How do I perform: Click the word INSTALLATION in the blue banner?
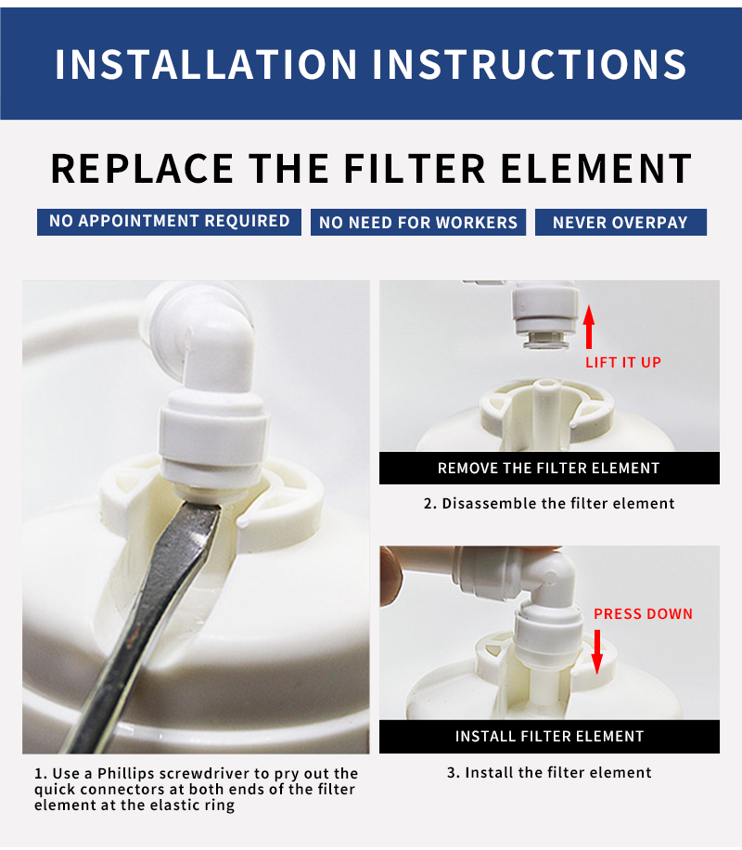[x=206, y=65]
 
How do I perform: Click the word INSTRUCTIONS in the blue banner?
[x=530, y=65]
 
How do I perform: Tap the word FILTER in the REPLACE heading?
[x=414, y=168]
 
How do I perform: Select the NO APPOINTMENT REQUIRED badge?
[x=169, y=222]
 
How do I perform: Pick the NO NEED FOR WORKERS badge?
[x=418, y=223]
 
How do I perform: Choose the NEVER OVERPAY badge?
[x=620, y=223]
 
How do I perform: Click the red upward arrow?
[x=589, y=327]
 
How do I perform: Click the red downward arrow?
[x=596, y=651]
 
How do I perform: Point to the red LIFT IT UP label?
[x=623, y=362]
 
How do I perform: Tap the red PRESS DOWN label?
[x=644, y=613]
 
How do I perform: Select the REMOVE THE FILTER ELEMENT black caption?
[x=549, y=468]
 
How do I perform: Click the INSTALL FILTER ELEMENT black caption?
[x=549, y=736]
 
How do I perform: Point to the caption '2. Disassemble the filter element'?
[x=549, y=503]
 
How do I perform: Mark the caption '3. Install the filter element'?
[x=549, y=772]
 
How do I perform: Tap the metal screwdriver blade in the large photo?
[x=147, y=624]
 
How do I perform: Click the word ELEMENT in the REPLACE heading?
[x=596, y=168]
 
